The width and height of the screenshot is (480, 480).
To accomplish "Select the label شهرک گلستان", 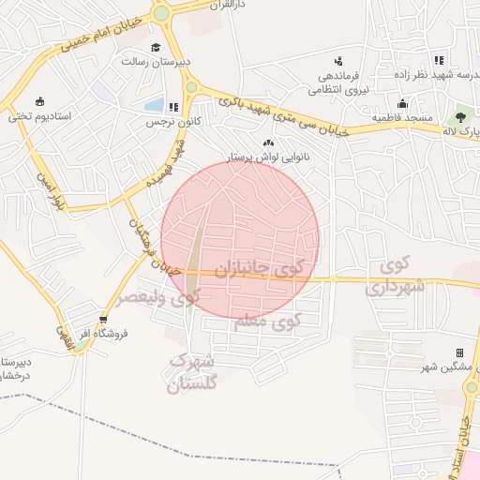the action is click(192, 372).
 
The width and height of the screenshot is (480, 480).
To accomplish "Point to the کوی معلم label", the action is click(266, 321).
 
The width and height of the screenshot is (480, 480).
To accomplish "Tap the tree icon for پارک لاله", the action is click(459, 117).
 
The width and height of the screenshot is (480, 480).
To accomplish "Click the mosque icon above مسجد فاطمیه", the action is click(402, 103).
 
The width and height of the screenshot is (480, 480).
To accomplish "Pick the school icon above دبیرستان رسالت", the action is click(156, 47).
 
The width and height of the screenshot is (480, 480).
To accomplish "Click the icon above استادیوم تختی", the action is click(39, 101).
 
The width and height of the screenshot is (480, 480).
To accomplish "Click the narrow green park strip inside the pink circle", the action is click(195, 253).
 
